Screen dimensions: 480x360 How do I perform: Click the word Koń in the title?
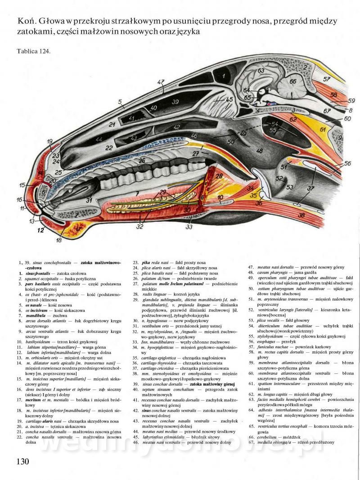[x=25, y=21]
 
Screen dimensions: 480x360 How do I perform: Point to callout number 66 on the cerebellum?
[x=292, y=81]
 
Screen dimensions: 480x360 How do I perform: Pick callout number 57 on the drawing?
[x=327, y=78]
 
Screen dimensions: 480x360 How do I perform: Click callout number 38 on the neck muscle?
[x=301, y=216]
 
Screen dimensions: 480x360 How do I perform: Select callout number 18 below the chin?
[x=58, y=241]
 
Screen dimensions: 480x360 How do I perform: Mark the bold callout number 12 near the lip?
[x=40, y=231]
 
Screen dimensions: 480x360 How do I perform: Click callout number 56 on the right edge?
[x=347, y=164]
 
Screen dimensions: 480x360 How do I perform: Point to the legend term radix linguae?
[x=154, y=293]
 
